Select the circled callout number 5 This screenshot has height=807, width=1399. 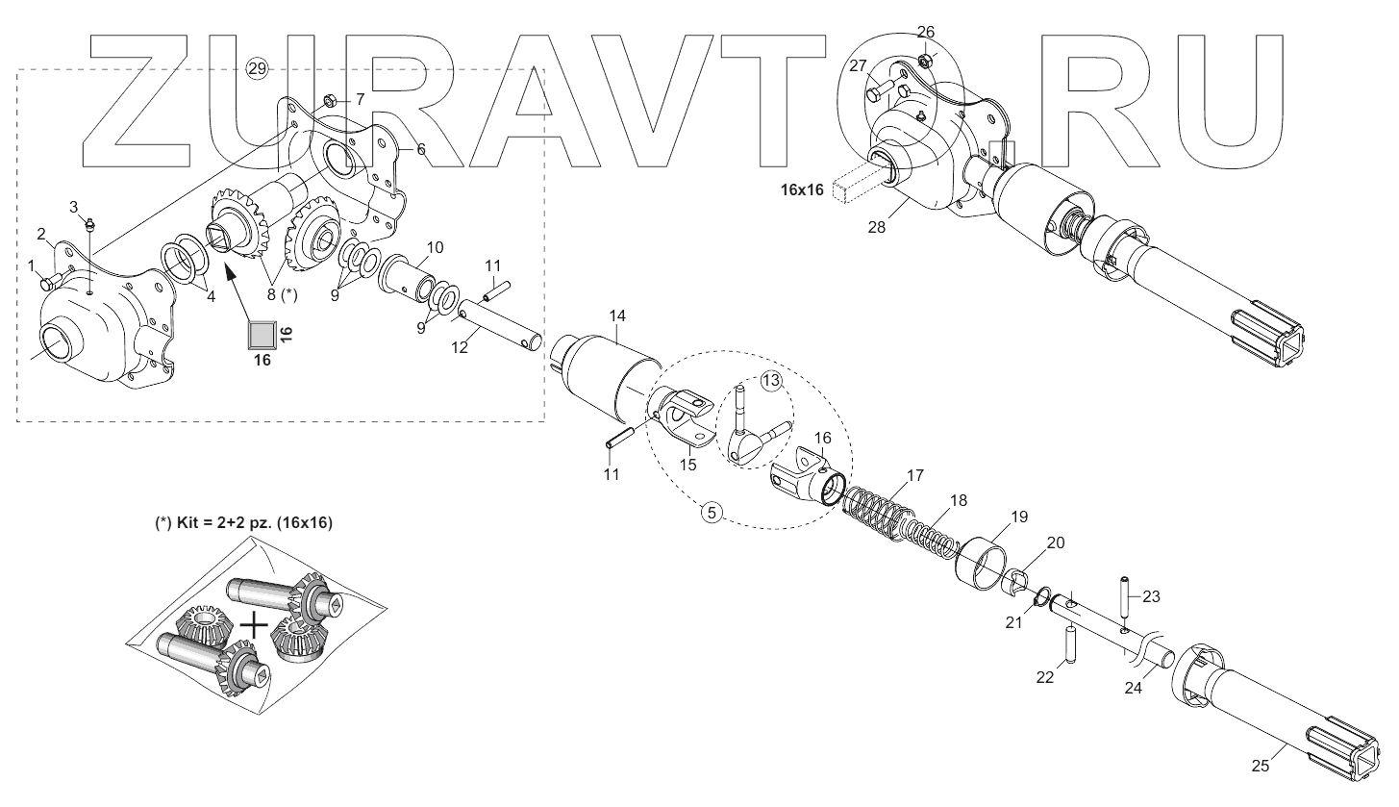[712, 513]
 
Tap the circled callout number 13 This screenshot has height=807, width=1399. [771, 382]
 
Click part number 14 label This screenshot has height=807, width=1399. [617, 316]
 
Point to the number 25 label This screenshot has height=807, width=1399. [1260, 767]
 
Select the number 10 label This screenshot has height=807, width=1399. [435, 247]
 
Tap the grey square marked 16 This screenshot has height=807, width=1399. [261, 335]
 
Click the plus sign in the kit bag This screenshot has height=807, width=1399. [254, 625]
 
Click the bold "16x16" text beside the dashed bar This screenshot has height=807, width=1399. [802, 190]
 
